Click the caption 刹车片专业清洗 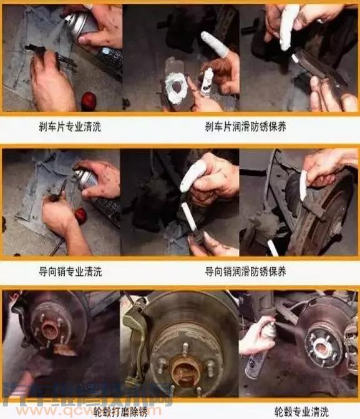[x=69, y=127]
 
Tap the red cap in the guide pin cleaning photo [x=80, y=215]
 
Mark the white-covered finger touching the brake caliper [x=303, y=185]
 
